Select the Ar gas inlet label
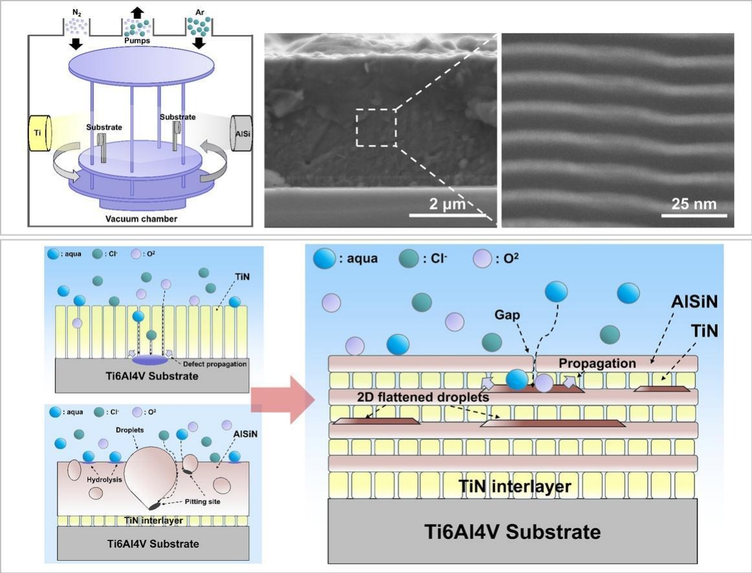(x=199, y=11)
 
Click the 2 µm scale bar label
(x=447, y=203)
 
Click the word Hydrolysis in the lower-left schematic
(x=103, y=479)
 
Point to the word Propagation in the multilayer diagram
(x=597, y=363)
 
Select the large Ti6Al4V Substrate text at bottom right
(x=512, y=532)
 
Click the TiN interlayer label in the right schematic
(x=514, y=486)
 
